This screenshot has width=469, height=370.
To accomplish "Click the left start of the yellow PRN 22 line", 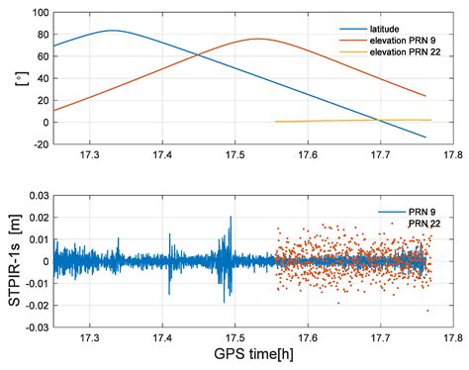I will click(275, 122).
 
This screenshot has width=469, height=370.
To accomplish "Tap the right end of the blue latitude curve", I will click(426, 137).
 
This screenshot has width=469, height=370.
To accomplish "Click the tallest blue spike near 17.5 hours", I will click(228, 231).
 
